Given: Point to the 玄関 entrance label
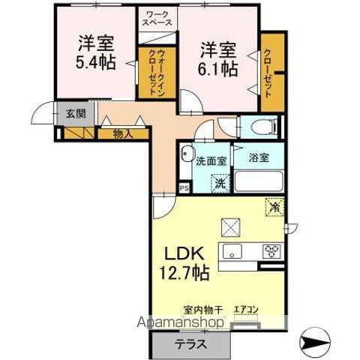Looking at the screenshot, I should (75, 114).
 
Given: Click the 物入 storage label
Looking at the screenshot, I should (122, 134).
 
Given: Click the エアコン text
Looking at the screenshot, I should (245, 309).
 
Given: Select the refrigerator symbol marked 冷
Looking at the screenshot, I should (274, 204).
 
